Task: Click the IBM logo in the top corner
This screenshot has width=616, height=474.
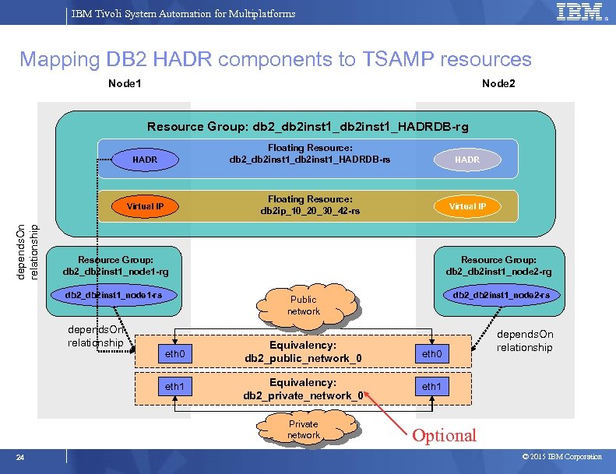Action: coord(579,12)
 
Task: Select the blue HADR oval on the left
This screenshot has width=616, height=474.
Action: coord(144,160)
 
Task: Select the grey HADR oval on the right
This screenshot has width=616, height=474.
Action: coord(466,160)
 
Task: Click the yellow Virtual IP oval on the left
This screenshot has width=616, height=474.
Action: coord(145,206)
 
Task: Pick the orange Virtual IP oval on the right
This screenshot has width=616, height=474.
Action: coord(466,206)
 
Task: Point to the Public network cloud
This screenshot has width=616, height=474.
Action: coord(304,305)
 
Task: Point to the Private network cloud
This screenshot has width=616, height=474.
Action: coord(304,430)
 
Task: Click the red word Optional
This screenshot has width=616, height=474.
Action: coord(444,435)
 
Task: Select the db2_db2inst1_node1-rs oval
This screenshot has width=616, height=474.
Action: coord(114,295)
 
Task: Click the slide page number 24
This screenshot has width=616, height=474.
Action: coord(22,457)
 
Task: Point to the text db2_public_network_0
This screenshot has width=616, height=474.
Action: coord(303,358)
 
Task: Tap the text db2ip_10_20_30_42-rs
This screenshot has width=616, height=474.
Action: coord(310,211)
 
